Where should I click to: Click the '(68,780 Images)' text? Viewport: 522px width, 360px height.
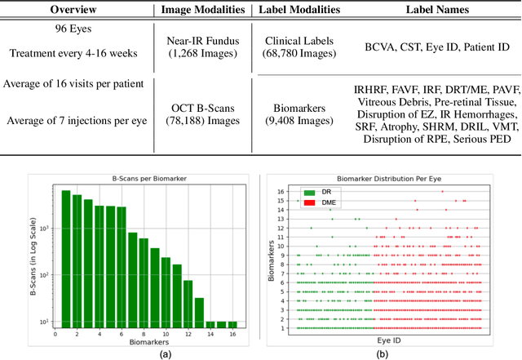click(x=300, y=56)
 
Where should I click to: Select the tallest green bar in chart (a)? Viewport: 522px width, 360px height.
click(x=66, y=258)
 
